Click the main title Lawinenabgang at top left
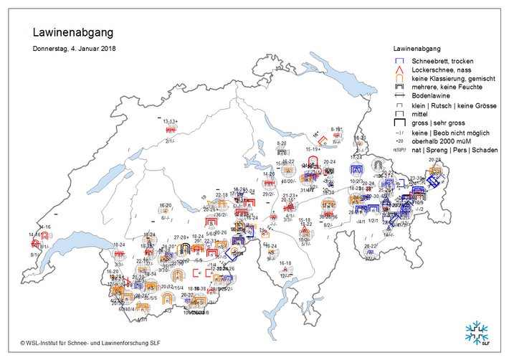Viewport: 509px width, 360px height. [72, 33]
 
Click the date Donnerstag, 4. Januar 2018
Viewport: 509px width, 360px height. [75, 49]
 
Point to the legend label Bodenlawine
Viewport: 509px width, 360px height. [431, 95]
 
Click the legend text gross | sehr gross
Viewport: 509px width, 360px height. [437, 123]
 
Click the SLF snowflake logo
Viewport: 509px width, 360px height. [479, 333]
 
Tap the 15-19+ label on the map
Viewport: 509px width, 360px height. [314, 149]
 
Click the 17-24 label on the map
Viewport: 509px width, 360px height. [356, 157]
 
